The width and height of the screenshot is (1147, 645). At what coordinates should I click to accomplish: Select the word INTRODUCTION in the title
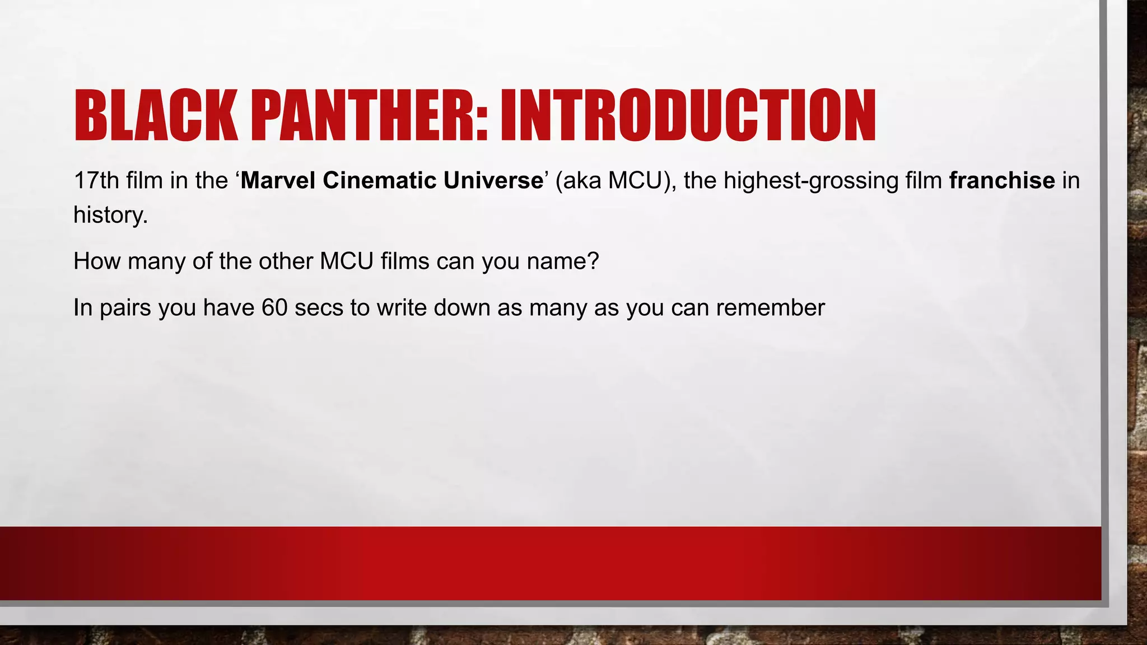[x=688, y=115]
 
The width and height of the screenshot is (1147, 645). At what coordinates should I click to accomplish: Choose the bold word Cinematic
[x=379, y=180]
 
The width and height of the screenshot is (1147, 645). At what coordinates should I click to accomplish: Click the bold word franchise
[x=1002, y=180]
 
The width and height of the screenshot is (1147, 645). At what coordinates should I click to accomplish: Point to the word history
[x=110, y=215]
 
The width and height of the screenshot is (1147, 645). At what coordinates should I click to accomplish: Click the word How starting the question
[x=97, y=261]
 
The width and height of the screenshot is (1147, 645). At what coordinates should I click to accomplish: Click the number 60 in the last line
[x=274, y=308]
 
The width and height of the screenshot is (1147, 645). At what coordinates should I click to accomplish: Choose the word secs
[x=319, y=308]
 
